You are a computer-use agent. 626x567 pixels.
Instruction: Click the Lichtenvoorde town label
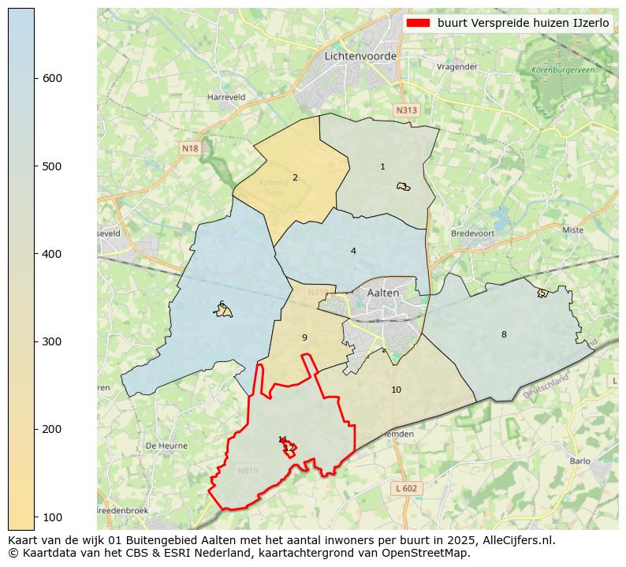tap(360, 56)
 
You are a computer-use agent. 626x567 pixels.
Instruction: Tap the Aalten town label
tap(383, 293)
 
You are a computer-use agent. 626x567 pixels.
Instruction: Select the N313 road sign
tap(406, 110)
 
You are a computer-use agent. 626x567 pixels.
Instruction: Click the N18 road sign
tap(190, 148)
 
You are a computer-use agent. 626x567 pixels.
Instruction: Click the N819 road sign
tap(248, 471)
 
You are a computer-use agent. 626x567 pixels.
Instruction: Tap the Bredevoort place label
tap(471, 233)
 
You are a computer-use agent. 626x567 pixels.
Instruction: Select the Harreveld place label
tap(226, 97)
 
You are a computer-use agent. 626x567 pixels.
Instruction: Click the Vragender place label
tap(457, 67)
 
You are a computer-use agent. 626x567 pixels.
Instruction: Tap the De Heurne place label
tap(166, 446)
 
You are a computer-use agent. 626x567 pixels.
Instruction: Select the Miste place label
tap(573, 230)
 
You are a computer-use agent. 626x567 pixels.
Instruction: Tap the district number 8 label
tap(504, 334)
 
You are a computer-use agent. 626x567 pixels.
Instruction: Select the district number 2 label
tap(295, 177)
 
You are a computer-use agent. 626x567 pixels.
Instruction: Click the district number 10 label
tap(396, 390)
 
